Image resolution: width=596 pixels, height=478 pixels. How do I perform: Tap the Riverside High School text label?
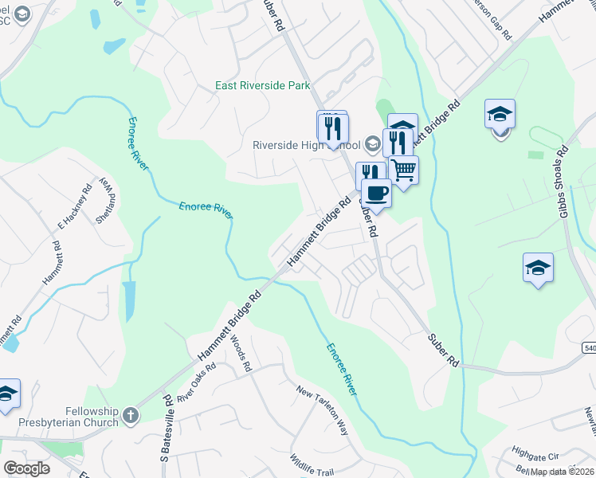tap(306, 145)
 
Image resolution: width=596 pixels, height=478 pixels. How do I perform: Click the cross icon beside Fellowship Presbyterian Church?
tap(130, 415)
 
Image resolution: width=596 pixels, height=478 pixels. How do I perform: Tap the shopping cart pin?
tap(404, 170)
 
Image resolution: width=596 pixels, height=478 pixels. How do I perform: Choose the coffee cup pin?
tap(376, 192)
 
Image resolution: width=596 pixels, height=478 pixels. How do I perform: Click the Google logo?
tap(26, 468)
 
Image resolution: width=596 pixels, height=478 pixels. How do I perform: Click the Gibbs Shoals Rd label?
tap(563, 181)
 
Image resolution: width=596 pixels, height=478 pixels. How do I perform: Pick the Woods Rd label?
tap(241, 354)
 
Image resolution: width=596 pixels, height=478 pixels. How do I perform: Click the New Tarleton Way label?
tap(323, 410)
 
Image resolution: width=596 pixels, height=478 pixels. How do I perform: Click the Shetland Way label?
tap(107, 202)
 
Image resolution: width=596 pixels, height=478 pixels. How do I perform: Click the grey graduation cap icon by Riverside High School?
tap(372, 145)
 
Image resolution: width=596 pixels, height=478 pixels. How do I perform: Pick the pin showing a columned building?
tap(403, 127)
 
